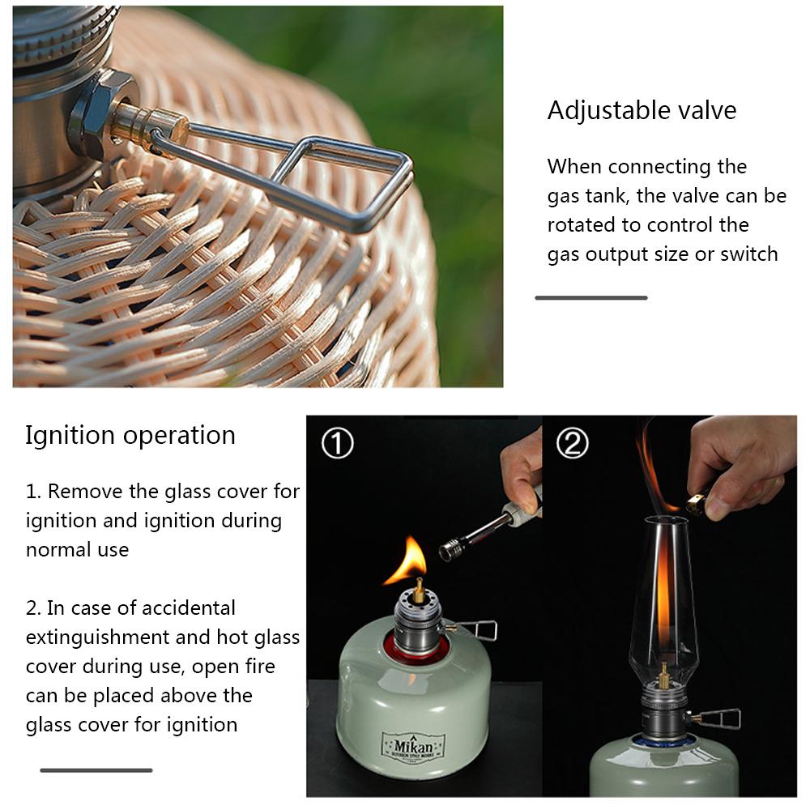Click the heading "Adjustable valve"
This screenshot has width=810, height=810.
click(x=642, y=110)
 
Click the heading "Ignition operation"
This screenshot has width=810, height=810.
click(x=130, y=435)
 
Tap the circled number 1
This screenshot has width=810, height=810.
click(x=337, y=443)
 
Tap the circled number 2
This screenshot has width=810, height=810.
click(x=573, y=443)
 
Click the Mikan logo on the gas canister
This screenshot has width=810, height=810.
click(x=413, y=747)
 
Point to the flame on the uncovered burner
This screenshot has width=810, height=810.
click(x=409, y=561)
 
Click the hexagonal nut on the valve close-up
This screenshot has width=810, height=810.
click(x=102, y=116)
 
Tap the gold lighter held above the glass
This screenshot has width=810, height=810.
click(x=697, y=503)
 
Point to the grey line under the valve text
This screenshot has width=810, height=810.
click(x=591, y=297)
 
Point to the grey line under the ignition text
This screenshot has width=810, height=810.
click(x=96, y=770)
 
